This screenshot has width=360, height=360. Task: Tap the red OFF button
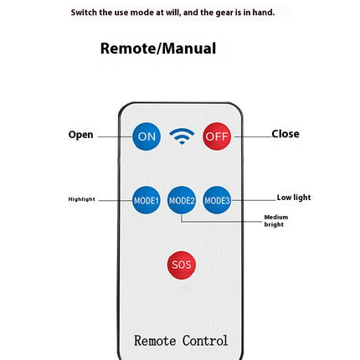click(217, 136)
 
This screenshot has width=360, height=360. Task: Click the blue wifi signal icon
click(182, 136)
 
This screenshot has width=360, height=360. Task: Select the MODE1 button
click(147, 200)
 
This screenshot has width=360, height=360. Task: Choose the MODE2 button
click(182, 200)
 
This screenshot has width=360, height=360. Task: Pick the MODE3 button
click(217, 200)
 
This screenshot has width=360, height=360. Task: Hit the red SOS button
click(182, 265)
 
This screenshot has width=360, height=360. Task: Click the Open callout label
click(80, 135)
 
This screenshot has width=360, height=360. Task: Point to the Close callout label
click(285, 134)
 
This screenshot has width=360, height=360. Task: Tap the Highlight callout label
click(82, 199)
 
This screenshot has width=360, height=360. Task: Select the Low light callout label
click(294, 198)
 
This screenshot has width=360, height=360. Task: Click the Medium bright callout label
click(276, 221)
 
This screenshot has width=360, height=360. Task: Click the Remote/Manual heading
click(158, 49)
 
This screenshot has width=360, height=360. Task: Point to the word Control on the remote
click(205, 341)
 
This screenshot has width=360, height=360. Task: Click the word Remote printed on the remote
click(155, 341)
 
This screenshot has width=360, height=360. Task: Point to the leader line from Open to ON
click(116, 136)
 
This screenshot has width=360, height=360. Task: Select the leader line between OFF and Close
click(253, 136)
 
